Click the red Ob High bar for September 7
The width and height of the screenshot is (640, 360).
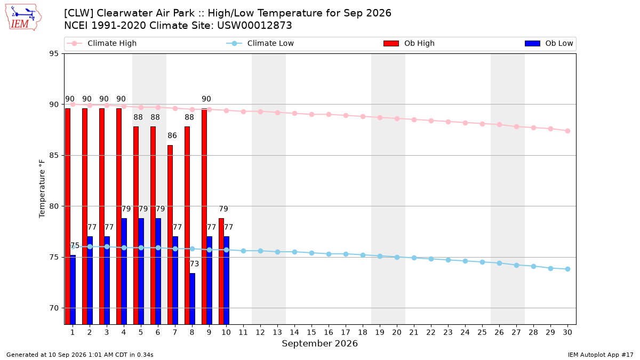pyautogui.click(x=170, y=235)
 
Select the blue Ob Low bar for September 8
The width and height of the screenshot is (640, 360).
pyautogui.click(x=193, y=299)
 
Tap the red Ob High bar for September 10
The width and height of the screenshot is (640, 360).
pyautogui.click(x=221, y=271)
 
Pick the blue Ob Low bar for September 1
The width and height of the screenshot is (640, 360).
pyautogui.click(x=73, y=290)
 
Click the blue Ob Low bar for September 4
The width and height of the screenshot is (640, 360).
pyautogui.click(x=124, y=271)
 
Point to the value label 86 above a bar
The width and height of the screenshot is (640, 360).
pyautogui.click(x=172, y=135)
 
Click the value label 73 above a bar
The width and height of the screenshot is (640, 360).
pyautogui.click(x=194, y=263)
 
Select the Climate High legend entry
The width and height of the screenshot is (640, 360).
pyautogui.click(x=101, y=43)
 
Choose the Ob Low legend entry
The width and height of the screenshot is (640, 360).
pyautogui.click(x=549, y=43)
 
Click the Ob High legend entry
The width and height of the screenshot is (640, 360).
pyautogui.click(x=409, y=43)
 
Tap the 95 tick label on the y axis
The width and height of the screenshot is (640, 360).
pyautogui.click(x=54, y=54)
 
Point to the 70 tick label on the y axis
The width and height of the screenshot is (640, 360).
pyautogui.click(x=54, y=308)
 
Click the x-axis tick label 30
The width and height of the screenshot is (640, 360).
pyautogui.click(x=567, y=332)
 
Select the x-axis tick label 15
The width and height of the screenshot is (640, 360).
pyautogui.click(x=311, y=332)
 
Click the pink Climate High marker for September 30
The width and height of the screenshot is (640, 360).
pyautogui.click(x=567, y=131)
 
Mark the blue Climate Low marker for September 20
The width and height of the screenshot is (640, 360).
pyautogui.click(x=397, y=257)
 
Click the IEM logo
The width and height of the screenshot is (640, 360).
pyautogui.click(x=23, y=18)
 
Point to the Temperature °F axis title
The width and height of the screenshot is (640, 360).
pyautogui.click(x=42, y=189)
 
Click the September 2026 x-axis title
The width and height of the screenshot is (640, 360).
pyautogui.click(x=319, y=343)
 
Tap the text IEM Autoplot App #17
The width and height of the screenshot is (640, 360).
pyautogui.click(x=601, y=355)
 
